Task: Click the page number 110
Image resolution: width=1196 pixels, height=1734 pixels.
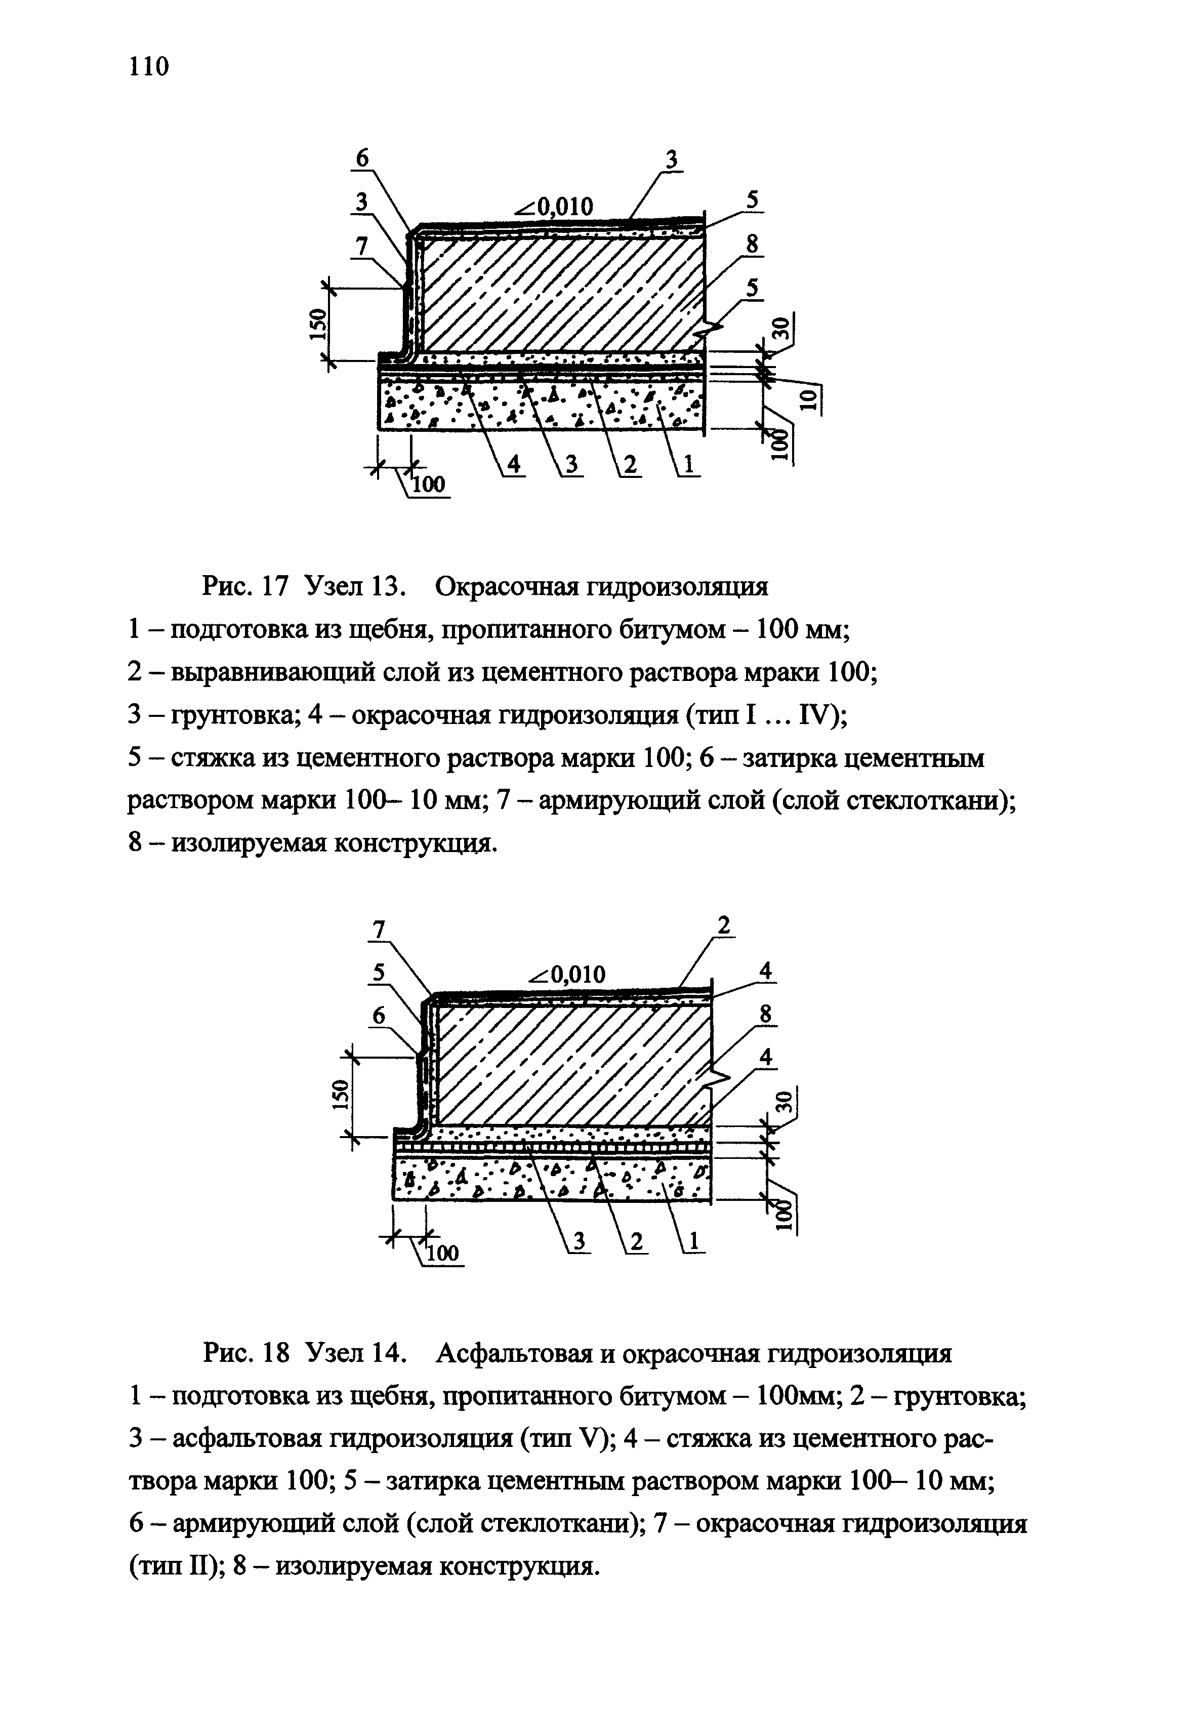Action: [x=149, y=67]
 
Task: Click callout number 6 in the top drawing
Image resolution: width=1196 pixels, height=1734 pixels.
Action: [x=363, y=158]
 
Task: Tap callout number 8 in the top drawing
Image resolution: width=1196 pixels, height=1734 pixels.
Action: [x=752, y=245]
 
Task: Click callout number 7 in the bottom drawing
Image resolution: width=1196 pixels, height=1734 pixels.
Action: [x=379, y=930]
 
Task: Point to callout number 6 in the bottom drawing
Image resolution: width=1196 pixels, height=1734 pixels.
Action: [x=379, y=1016]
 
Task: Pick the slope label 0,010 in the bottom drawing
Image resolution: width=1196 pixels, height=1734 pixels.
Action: [x=567, y=974]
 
